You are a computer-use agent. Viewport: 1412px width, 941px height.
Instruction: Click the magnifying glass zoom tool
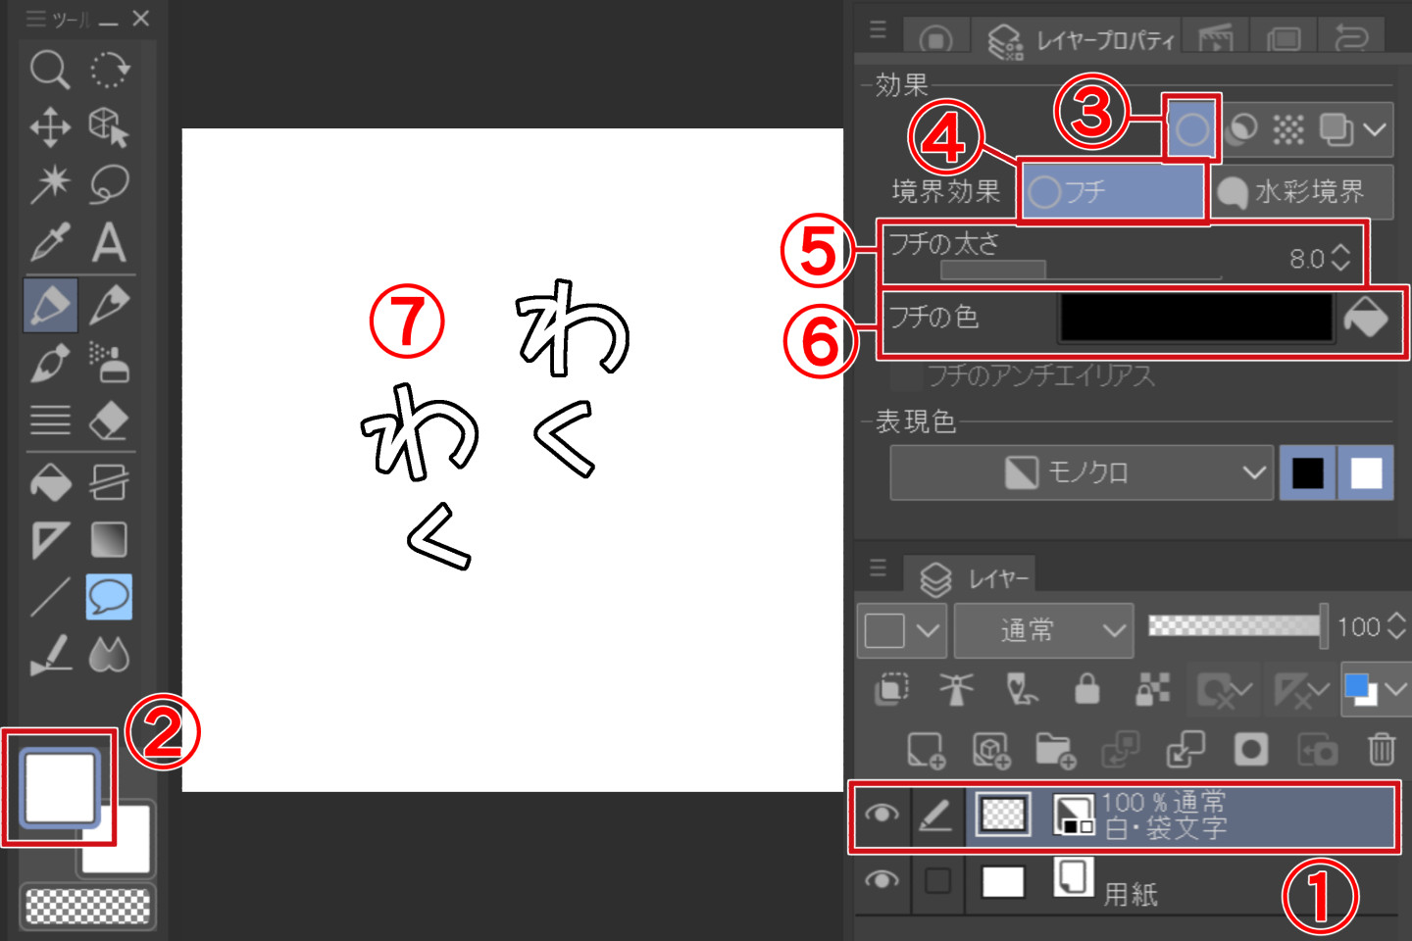48,71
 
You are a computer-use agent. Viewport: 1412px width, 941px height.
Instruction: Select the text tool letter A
109,242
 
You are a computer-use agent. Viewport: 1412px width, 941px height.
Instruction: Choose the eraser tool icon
109,421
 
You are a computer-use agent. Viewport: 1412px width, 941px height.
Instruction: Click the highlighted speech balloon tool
109,596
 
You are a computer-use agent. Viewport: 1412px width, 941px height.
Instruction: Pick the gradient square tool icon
109,539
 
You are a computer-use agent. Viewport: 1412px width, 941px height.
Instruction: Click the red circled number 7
407,322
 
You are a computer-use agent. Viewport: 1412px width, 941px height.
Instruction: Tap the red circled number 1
1321,896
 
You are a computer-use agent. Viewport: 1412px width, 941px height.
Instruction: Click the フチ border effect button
1113,191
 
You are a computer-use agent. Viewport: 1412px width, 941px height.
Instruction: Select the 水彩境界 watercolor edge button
1302,192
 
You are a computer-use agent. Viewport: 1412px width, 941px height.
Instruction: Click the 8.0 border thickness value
1306,259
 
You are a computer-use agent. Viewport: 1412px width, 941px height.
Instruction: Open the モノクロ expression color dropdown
1081,472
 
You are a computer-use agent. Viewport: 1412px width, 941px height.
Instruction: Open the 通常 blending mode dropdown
1043,630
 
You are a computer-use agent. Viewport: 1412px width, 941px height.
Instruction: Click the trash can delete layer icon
1381,750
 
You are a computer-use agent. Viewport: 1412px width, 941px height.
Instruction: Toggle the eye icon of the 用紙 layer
882,879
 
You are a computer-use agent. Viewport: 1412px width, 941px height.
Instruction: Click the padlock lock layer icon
1086,690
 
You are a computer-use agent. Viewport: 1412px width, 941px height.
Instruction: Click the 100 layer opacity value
1358,627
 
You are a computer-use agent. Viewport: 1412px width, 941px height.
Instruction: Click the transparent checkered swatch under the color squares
87,907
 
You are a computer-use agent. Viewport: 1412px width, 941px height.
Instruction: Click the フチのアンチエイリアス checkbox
907,375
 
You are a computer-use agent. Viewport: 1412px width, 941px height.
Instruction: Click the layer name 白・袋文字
1166,829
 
